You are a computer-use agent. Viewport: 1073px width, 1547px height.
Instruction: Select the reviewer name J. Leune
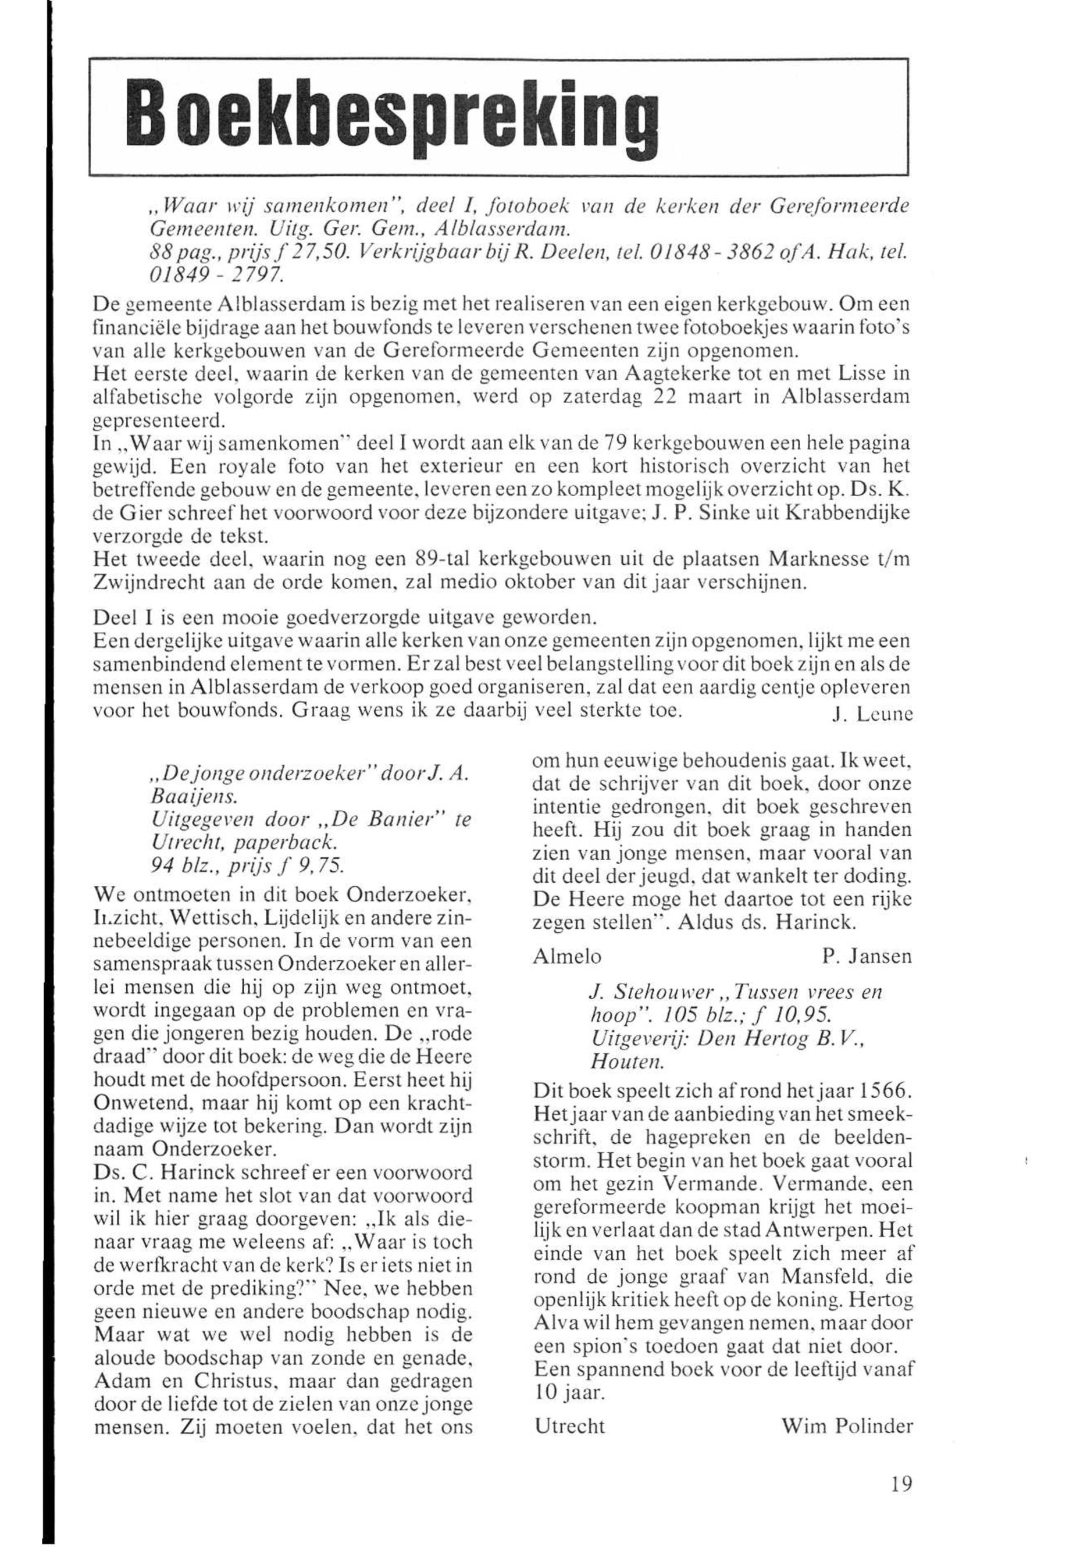point(872,717)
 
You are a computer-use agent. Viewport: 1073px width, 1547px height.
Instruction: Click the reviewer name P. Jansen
point(867,956)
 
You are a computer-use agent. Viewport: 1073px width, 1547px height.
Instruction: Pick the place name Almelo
point(567,956)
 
